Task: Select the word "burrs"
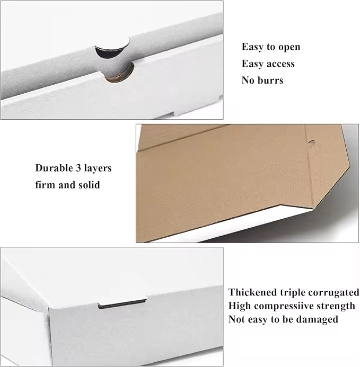pyautogui.click(x=270, y=80)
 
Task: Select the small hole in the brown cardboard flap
pyautogui.click(x=311, y=142)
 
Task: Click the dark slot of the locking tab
pyautogui.click(x=122, y=304)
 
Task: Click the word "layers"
pyautogui.click(x=98, y=168)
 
